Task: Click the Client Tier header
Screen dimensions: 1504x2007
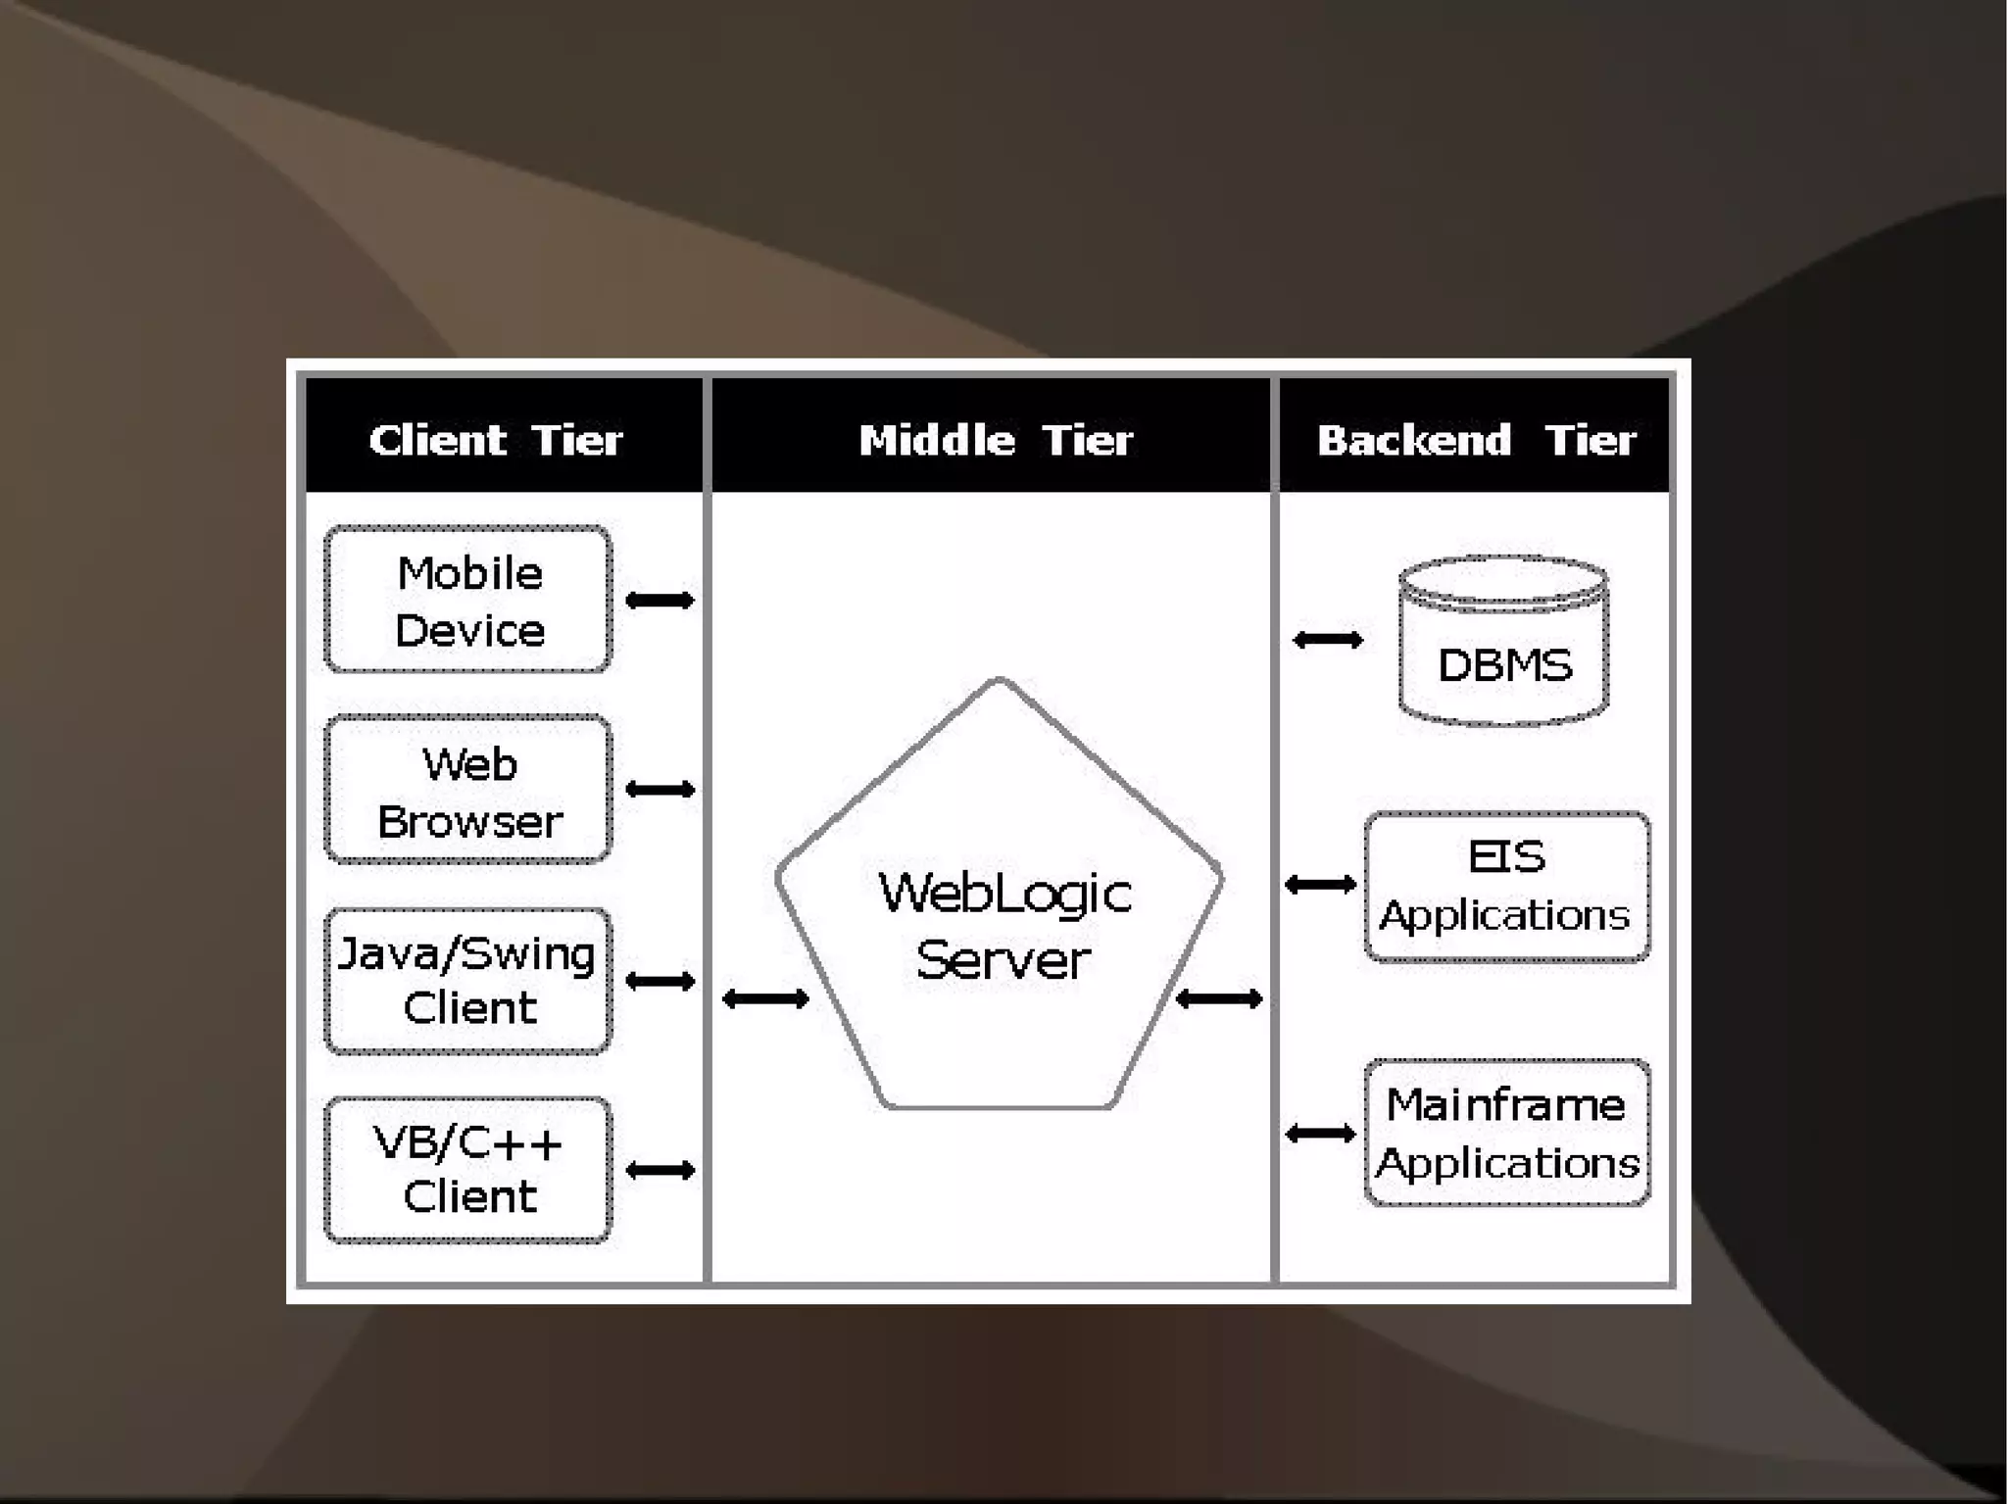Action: pyautogui.click(x=496, y=440)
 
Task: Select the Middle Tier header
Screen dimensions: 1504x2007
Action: pyautogui.click(x=996, y=440)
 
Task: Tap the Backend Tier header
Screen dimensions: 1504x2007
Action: pyautogui.click(x=1476, y=440)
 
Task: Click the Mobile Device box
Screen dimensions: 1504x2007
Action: pyautogui.click(x=468, y=600)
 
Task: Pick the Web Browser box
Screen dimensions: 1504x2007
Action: pyautogui.click(x=468, y=791)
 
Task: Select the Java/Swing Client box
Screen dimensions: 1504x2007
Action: pyautogui.click(x=468, y=981)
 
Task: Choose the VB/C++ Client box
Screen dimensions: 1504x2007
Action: pyautogui.click(x=468, y=1170)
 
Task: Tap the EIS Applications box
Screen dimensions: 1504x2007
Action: pyautogui.click(x=1507, y=887)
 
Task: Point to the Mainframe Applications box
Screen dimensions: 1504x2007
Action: pyautogui.click(x=1507, y=1134)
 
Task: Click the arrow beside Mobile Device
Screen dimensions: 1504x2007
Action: pyautogui.click(x=660, y=600)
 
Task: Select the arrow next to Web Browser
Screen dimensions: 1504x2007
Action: pyautogui.click(x=660, y=790)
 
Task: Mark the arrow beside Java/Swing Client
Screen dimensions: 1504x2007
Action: pyautogui.click(x=660, y=981)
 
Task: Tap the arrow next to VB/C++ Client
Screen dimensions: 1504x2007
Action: pyautogui.click(x=660, y=1170)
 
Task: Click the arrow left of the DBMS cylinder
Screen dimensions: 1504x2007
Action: pyautogui.click(x=1328, y=640)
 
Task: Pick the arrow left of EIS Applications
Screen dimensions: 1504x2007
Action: pyautogui.click(x=1320, y=886)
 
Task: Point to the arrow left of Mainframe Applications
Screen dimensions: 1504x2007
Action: pyautogui.click(x=1320, y=1134)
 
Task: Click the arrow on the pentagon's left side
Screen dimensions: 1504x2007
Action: pyautogui.click(x=765, y=998)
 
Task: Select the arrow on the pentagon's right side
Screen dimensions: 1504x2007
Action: pyautogui.click(x=1218, y=998)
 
